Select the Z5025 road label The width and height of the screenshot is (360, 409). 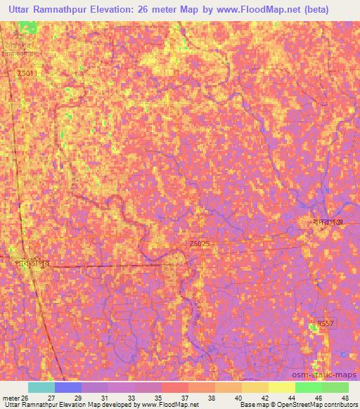(199, 243)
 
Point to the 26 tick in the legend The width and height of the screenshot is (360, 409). (28, 396)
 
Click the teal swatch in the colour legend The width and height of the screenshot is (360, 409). (41, 387)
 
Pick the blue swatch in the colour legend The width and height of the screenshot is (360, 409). (68, 387)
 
